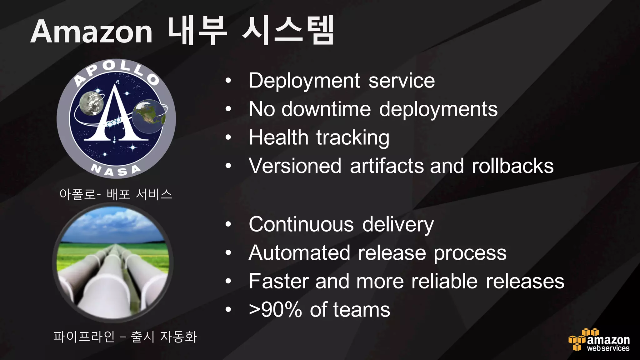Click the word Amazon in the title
[x=91, y=32]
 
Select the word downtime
[x=326, y=109]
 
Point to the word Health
[x=278, y=137]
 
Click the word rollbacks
[x=512, y=166]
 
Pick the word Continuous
[x=301, y=225]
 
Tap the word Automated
[x=299, y=253]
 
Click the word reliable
[x=444, y=281]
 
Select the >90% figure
[x=275, y=310]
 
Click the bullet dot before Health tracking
[x=228, y=137]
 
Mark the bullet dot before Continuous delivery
[x=228, y=224]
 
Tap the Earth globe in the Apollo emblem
[x=148, y=116]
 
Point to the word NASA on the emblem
[x=116, y=171]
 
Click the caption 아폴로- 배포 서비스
[x=116, y=194]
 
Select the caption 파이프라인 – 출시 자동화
[x=125, y=337]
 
